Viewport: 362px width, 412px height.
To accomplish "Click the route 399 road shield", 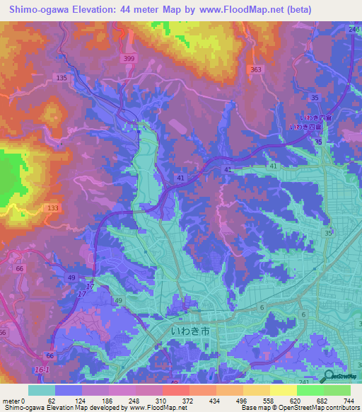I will click(128, 58).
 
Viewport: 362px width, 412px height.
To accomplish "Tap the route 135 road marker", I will click(62, 78).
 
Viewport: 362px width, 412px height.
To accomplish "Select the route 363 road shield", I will click(256, 69).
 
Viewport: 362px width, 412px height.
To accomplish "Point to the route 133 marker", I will click(52, 207).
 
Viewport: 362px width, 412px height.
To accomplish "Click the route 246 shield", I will click(354, 29).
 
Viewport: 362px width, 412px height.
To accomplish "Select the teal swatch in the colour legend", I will click(41, 390).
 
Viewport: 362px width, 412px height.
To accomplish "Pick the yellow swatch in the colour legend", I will click(283, 390).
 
